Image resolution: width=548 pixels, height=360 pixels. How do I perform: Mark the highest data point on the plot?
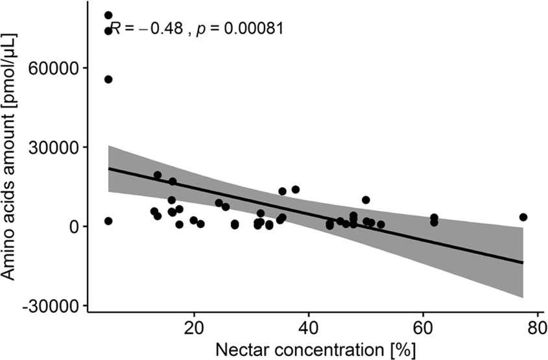[x=108, y=15]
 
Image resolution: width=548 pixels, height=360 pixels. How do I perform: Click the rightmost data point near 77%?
[x=523, y=217]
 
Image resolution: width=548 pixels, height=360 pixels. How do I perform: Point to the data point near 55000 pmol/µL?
[x=108, y=79]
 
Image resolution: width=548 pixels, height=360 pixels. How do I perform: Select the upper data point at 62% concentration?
[x=434, y=217]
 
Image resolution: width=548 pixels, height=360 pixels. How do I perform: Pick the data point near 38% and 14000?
[x=296, y=189]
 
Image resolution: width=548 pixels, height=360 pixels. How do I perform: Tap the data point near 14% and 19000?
[x=158, y=175]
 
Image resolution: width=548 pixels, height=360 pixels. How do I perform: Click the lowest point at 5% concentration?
[x=108, y=221]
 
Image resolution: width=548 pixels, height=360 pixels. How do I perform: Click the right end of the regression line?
[x=523, y=263]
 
